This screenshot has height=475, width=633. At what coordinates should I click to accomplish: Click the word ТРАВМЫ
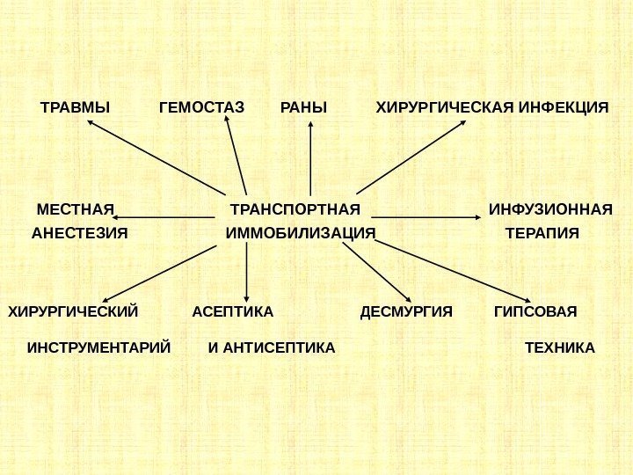(76, 108)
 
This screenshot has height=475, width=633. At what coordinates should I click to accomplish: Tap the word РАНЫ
(303, 108)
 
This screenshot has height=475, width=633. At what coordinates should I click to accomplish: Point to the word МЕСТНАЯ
(76, 209)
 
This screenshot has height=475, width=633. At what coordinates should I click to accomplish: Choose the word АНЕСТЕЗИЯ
(80, 234)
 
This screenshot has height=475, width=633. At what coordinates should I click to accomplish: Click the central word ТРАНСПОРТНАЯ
(295, 209)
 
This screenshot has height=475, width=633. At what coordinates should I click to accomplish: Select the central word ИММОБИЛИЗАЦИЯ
(301, 234)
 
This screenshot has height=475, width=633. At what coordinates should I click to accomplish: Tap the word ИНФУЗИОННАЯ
(550, 209)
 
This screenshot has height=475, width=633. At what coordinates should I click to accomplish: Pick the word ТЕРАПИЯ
(543, 234)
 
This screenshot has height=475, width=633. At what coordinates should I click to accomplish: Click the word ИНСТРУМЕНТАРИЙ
(98, 347)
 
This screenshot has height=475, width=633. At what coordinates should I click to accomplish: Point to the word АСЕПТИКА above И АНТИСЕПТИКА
(233, 311)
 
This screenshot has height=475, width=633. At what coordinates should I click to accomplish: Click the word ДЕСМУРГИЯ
(406, 311)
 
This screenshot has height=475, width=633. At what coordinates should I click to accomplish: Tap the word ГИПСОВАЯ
(535, 311)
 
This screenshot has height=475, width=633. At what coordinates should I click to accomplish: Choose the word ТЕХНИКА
(560, 347)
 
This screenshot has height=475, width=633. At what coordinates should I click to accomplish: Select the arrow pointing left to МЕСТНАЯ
(167, 216)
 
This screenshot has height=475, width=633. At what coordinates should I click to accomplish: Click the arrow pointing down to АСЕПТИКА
(247, 273)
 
